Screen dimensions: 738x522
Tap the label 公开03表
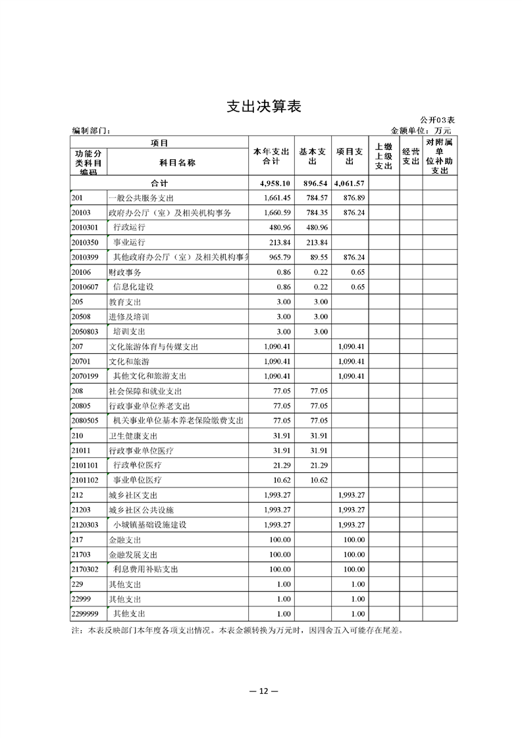pos(437,120)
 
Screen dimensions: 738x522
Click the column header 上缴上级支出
pos(383,157)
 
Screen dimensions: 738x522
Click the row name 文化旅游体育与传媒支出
pos(153,346)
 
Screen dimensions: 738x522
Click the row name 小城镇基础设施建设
pos(150,524)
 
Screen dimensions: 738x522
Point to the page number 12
pos(261,691)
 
